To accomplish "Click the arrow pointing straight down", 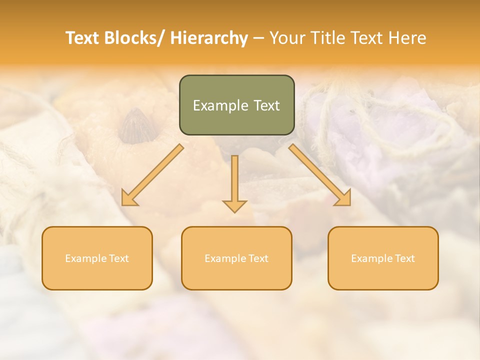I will tap(234, 182).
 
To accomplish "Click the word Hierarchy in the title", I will tap(209, 38).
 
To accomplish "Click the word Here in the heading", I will tap(406, 38).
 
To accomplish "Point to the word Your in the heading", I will tap(287, 38).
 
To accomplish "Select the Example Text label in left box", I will tap(97, 258).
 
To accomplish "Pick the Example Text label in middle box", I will tap(236, 258).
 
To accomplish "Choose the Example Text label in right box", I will tap(383, 258).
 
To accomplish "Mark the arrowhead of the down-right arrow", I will tap(344, 199).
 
